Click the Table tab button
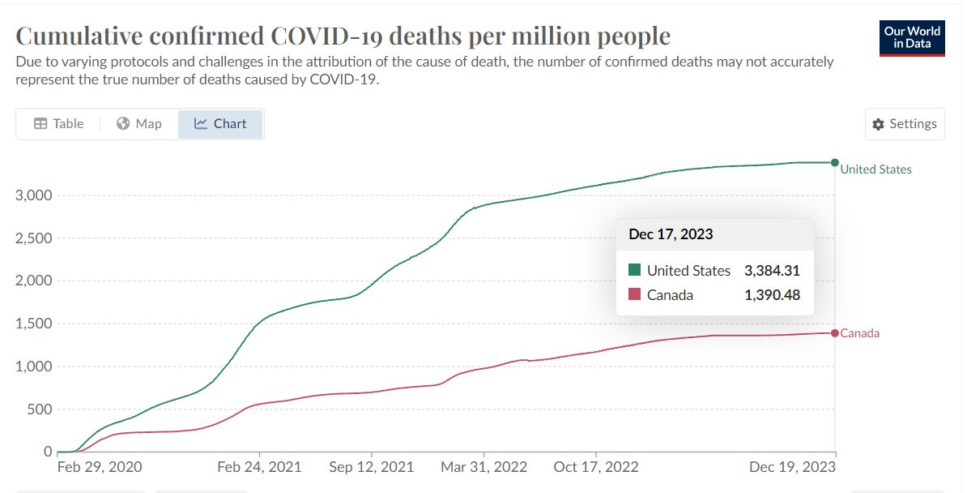[x=58, y=124]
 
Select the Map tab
[x=139, y=124]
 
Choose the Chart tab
[x=220, y=124]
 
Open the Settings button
[x=905, y=124]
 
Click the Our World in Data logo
[x=912, y=37]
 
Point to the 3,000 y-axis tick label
[x=34, y=195]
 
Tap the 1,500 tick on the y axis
[x=34, y=324]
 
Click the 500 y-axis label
[x=39, y=409]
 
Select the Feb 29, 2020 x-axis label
[x=100, y=467]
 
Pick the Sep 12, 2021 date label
[x=372, y=467]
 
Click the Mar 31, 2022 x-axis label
[x=483, y=467]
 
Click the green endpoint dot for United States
[x=835, y=163]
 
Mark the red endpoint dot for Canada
[x=835, y=333]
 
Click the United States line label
[x=875, y=169]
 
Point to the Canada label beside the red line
[x=860, y=333]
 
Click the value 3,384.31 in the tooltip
[x=772, y=271]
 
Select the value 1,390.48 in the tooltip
[x=772, y=295]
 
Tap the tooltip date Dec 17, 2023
[x=671, y=234]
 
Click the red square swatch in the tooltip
[x=634, y=295]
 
